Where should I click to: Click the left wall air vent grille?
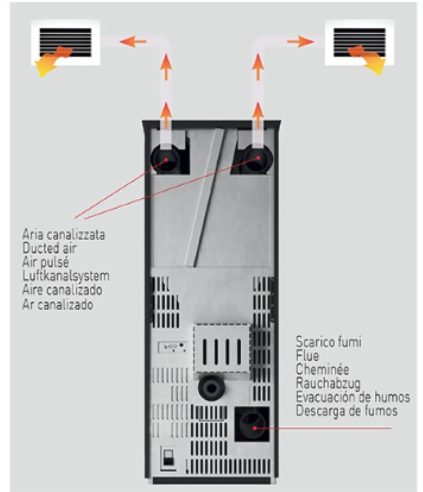coord(66,43)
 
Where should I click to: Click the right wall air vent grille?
coord(360,43)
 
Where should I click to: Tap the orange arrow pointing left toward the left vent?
coord(133,41)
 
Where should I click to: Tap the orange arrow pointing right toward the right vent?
coord(300,41)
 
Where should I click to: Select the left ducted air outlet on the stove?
coord(166,159)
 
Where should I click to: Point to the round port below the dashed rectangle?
coord(212,388)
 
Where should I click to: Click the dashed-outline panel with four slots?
coord(222,349)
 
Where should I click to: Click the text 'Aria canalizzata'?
coord(63,235)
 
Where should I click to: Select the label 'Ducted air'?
coord(50,248)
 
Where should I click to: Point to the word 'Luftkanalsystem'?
coord(66,276)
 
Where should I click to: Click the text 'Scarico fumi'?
coord(329,342)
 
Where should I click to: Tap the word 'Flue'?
coord(307,355)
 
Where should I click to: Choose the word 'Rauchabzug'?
coord(328,383)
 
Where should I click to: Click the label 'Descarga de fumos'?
coord(347,411)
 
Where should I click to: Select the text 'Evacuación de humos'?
coord(353,397)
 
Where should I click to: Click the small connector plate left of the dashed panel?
coord(172,347)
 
